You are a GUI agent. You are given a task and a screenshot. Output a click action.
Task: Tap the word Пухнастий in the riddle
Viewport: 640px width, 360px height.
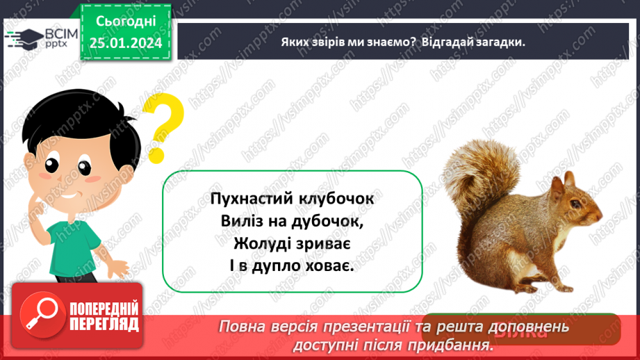coord(251,199)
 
